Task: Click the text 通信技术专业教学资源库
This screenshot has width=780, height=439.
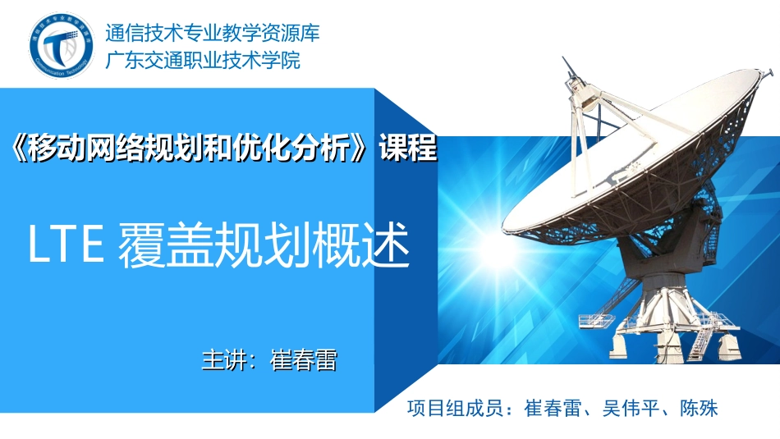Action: coord(212,34)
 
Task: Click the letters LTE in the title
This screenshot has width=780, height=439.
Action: coord(65,245)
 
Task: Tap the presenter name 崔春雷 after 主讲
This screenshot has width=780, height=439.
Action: coord(303,360)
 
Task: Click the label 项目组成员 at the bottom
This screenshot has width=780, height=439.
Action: coord(455,409)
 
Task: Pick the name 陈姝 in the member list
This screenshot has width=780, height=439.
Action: coord(699,409)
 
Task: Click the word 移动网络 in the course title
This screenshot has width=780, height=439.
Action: coord(85,149)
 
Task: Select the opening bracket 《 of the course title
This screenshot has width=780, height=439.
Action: coord(22,149)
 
